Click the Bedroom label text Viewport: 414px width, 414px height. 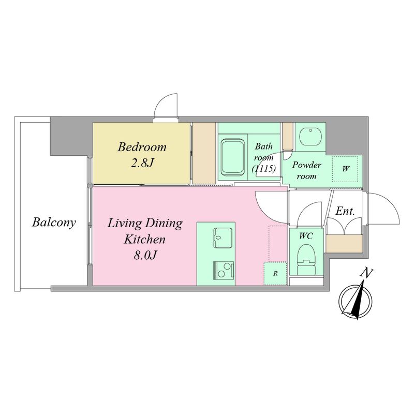(142, 147)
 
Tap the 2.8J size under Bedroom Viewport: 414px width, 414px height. (142, 164)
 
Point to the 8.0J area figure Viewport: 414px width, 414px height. (145, 255)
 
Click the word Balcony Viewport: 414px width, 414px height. (54, 223)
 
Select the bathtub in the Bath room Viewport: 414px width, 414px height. (233, 158)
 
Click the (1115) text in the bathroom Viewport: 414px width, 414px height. (263, 168)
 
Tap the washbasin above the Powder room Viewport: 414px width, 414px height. (310, 137)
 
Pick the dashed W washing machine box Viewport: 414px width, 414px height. (345, 169)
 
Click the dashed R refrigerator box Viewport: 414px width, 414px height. (275, 274)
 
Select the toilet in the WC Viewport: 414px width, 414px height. (306, 260)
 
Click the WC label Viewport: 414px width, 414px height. (306, 236)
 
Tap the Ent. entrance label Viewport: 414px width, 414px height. (345, 211)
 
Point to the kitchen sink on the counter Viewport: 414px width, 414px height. (223, 238)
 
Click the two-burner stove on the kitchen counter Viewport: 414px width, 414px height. (224, 270)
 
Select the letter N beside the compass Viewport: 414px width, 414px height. (366, 273)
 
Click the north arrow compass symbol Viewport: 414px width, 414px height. (356, 300)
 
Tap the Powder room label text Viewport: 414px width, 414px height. (306, 171)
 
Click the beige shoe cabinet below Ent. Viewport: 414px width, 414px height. (344, 244)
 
